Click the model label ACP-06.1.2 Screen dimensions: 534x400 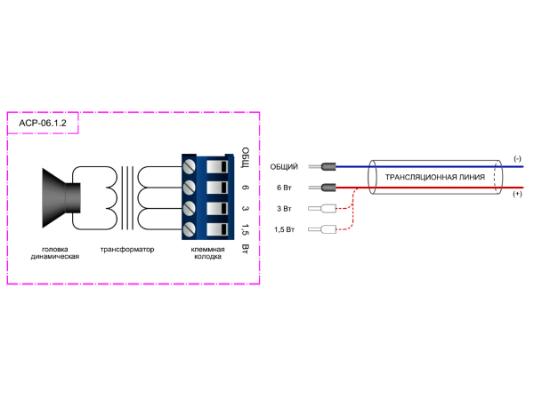click(x=43, y=124)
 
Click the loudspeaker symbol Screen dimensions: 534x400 click(x=61, y=198)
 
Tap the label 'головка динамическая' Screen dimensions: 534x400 click(x=55, y=253)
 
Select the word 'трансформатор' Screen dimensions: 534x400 click(x=127, y=250)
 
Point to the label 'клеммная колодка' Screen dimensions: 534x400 click(x=207, y=253)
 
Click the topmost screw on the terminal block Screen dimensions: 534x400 click(x=189, y=167)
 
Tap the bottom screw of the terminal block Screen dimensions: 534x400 click(x=189, y=229)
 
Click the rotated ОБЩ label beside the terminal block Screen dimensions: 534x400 click(x=246, y=158)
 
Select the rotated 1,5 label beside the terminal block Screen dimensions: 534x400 click(x=246, y=229)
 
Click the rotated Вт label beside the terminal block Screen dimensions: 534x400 click(x=246, y=249)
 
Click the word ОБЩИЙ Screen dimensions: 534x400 click(x=284, y=167)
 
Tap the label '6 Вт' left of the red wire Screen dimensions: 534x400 click(x=285, y=188)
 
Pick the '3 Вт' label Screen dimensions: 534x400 click(x=285, y=209)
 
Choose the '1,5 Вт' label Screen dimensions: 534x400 click(x=285, y=229)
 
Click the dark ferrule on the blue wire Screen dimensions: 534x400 click(x=328, y=167)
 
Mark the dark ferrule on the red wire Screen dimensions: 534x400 click(x=328, y=188)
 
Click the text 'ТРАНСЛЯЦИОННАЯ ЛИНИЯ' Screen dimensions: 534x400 click(x=435, y=177)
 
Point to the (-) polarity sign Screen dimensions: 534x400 click(x=517, y=159)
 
